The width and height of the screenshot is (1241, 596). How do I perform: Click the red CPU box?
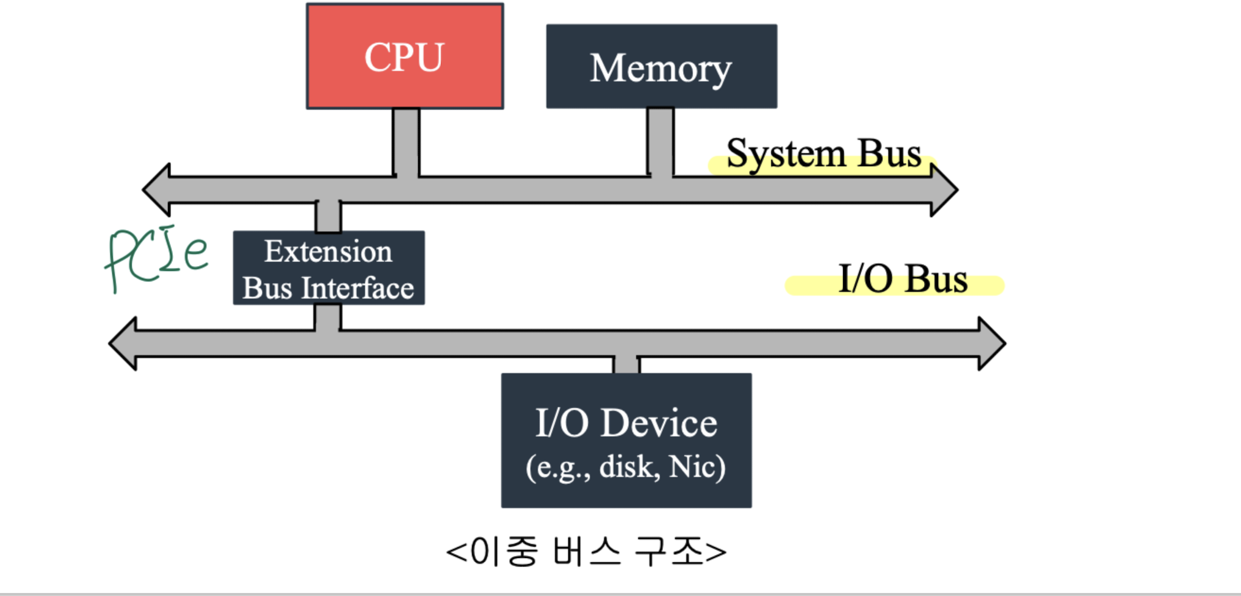[405, 56]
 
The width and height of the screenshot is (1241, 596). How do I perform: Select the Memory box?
[661, 67]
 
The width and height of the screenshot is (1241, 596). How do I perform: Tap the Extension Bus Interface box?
[329, 269]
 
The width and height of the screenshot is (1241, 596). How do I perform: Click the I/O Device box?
[626, 440]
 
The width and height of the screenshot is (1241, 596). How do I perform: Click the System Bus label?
[823, 153]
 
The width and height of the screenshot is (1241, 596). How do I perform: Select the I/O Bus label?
[903, 280]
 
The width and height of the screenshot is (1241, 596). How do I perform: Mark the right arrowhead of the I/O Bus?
[991, 343]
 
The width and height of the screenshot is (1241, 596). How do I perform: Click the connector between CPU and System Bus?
[406, 142]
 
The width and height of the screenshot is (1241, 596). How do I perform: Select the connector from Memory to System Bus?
[660, 142]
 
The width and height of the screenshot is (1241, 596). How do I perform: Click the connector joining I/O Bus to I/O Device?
[626, 365]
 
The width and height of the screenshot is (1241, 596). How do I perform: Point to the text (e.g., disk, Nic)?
[625, 467]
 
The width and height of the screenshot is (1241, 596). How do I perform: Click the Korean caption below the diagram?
[586, 551]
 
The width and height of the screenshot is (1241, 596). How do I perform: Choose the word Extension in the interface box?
[328, 251]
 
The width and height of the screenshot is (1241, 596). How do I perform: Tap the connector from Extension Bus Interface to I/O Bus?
[327, 318]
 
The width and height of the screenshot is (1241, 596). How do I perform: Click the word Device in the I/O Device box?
[659, 423]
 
